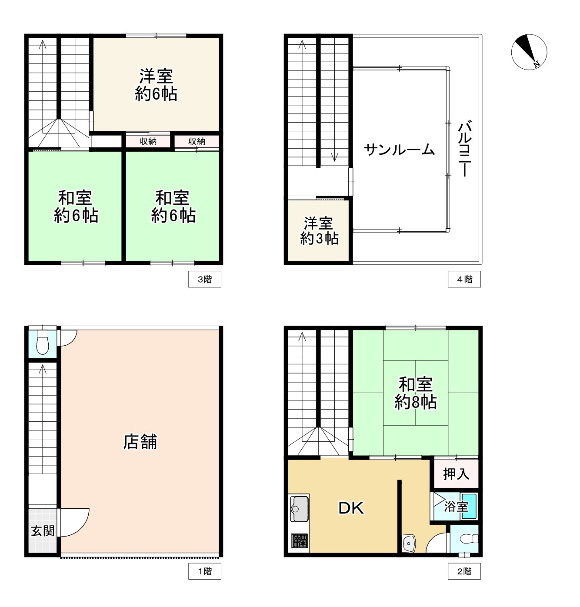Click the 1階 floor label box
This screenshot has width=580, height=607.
coord(204,571)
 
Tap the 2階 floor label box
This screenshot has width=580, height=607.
coord(464,571)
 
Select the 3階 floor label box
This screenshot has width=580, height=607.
coord(204,279)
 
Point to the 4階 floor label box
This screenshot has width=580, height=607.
coord(464,279)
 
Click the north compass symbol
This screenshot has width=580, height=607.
coord(529,52)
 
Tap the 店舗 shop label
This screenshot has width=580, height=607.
coord(140,442)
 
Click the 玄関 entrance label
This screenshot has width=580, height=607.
coord(43,530)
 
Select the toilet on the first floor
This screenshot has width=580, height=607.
coord(42,342)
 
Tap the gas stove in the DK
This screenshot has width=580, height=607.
coord(299,541)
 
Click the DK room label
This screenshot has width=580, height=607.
coord(351,508)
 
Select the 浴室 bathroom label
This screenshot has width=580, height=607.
coord(456,507)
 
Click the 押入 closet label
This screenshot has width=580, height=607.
coord(456,474)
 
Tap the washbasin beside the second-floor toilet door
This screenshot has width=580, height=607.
coord(409,543)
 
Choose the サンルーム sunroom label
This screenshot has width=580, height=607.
coord(399,150)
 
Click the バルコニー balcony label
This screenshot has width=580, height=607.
coord(465,149)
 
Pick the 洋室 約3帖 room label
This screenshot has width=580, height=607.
coord(319,231)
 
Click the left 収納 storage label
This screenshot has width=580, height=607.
coord(148,141)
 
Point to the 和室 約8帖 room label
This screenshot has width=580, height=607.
coord(415,394)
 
